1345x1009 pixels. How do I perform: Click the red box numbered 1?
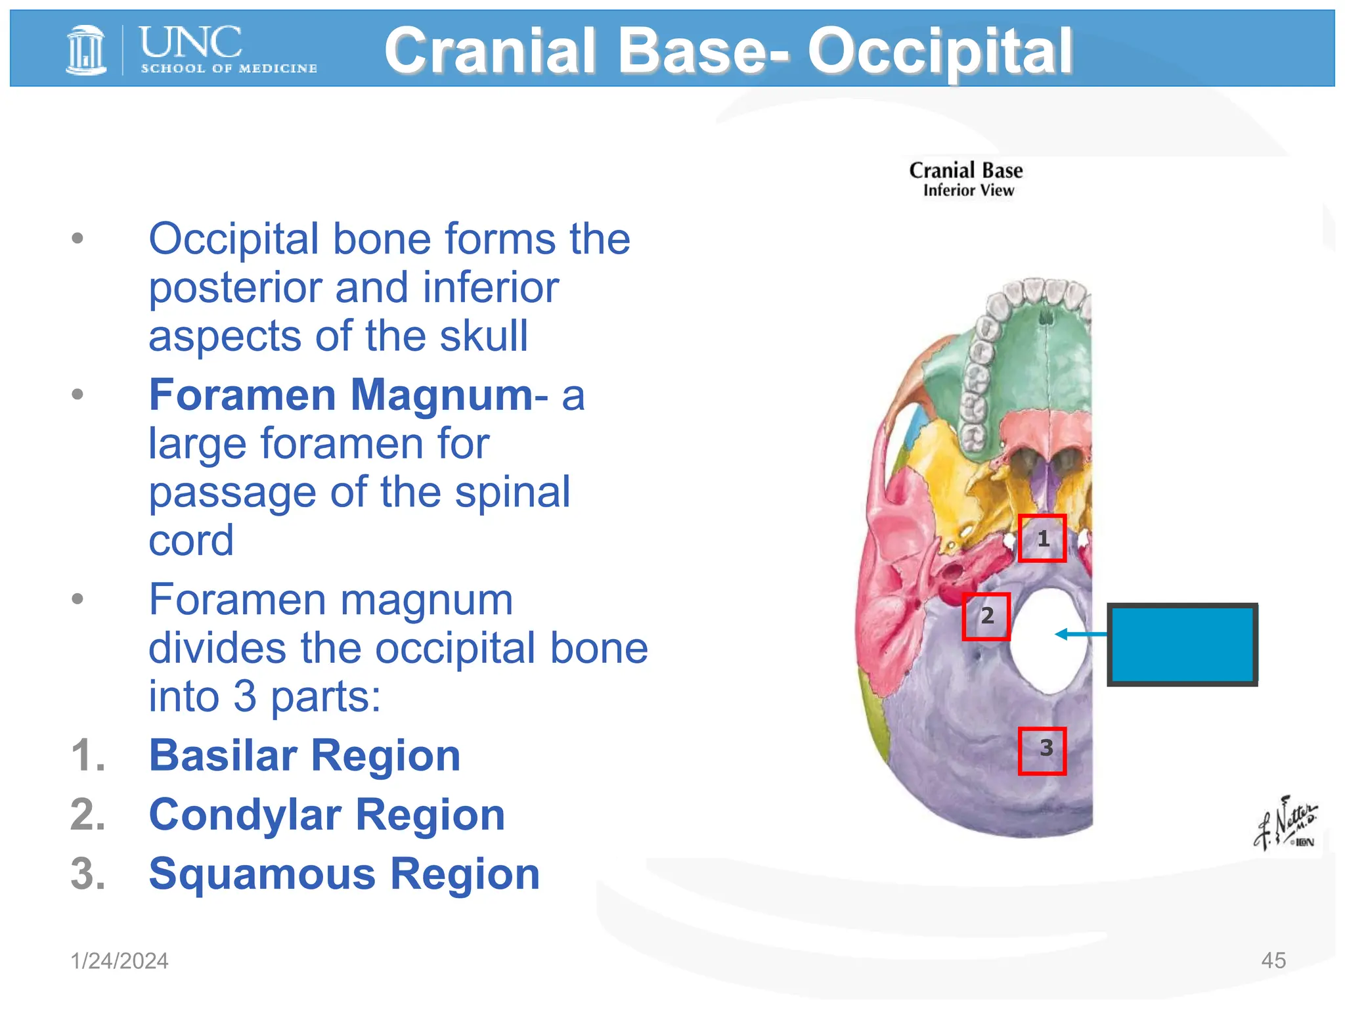[1042, 539]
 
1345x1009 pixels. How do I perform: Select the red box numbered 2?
[986, 616]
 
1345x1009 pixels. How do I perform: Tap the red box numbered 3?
[1042, 751]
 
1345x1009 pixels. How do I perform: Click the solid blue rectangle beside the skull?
[1182, 644]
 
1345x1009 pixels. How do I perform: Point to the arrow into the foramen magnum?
[1081, 634]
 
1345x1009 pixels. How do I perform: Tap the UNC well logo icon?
[86, 50]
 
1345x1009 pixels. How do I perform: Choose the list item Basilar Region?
[305, 755]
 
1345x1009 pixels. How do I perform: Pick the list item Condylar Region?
[326, 815]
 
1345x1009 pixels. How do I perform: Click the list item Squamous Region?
[344, 874]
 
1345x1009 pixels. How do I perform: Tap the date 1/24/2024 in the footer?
[120, 960]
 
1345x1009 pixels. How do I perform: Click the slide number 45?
[1273, 960]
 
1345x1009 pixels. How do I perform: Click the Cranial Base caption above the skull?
[965, 171]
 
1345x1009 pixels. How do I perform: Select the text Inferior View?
[968, 191]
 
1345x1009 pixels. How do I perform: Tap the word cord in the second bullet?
[191, 541]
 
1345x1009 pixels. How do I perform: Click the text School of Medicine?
[229, 68]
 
